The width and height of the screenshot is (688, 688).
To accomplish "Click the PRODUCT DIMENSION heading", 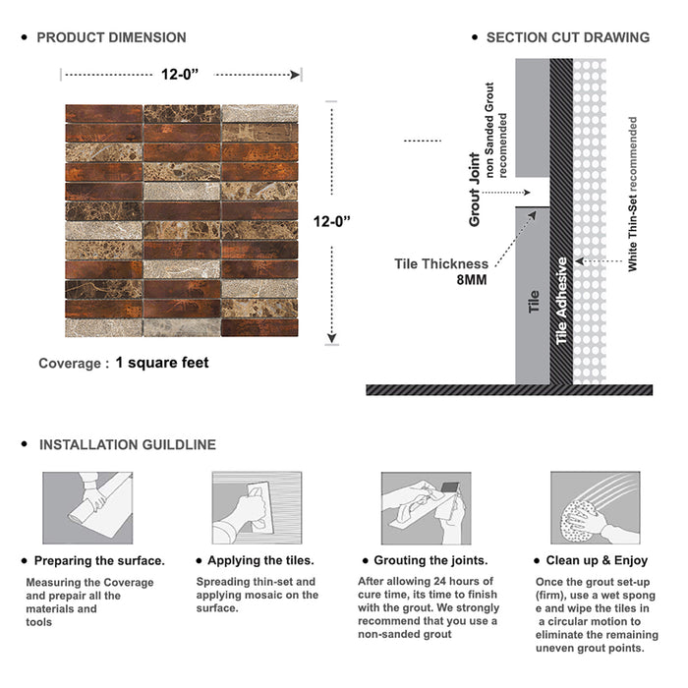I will pyautogui.click(x=111, y=37).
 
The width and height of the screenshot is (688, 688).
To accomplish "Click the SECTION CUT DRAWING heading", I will pyautogui.click(x=567, y=37).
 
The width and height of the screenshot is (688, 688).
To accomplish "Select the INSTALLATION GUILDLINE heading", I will pyautogui.click(x=127, y=444).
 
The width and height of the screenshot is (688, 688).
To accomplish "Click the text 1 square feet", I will pyautogui.click(x=161, y=363).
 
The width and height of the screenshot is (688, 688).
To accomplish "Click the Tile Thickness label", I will pyautogui.click(x=441, y=263).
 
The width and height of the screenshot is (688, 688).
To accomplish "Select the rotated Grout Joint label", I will pyautogui.click(x=475, y=191).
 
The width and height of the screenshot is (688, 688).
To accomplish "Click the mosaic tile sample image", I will pyautogui.click(x=182, y=221).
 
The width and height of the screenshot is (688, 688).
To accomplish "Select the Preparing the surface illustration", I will pyautogui.click(x=86, y=508).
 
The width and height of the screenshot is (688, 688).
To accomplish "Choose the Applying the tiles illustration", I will pyautogui.click(x=257, y=508).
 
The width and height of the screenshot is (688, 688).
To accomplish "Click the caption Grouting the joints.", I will pyautogui.click(x=430, y=560).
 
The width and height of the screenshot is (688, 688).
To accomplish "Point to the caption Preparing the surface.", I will pyautogui.click(x=98, y=560).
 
